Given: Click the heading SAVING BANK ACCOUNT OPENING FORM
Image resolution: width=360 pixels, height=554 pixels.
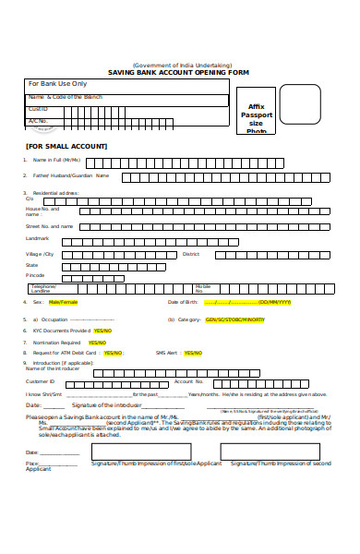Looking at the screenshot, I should click(179, 72).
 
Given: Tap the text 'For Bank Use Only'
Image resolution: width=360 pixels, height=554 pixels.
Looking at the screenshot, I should click(56, 83).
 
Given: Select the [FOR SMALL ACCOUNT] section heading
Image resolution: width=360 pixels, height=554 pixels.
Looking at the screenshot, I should click(66, 146).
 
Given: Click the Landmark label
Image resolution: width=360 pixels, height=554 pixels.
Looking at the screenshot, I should click(37, 238).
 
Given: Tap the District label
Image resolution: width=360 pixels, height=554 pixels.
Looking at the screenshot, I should click(191, 253).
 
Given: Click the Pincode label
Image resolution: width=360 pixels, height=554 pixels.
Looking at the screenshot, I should click(35, 275).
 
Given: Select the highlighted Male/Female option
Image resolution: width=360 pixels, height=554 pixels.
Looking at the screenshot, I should click(64, 302).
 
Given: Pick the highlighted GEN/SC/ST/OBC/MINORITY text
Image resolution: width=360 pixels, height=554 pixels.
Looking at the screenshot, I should click(234, 319).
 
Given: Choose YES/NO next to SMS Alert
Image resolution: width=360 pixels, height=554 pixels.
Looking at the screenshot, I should click(193, 353).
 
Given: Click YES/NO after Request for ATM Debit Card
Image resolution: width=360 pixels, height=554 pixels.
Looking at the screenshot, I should click(113, 353).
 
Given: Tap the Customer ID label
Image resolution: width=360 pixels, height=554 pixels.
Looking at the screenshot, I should click(41, 381).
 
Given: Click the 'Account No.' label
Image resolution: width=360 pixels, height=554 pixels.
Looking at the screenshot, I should click(188, 381).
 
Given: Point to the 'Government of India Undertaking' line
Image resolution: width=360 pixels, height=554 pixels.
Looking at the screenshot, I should click(180, 65).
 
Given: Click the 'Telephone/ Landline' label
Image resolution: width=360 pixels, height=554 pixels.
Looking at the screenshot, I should click(43, 288).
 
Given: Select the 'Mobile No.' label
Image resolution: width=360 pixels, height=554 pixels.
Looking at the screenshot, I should click(202, 288).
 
